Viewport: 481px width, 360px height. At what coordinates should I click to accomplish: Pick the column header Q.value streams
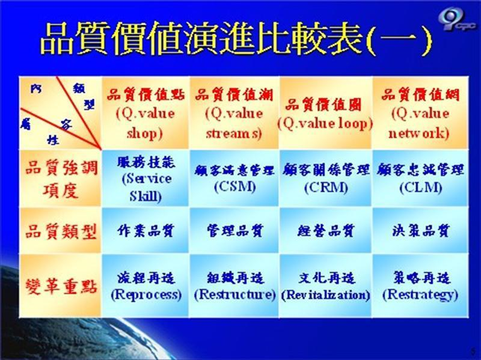tap(233, 113)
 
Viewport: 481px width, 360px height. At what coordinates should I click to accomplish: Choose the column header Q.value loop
tap(325, 114)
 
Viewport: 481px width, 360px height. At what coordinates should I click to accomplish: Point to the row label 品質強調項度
tap(60, 178)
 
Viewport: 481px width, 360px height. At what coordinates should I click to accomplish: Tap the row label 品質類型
tap(60, 231)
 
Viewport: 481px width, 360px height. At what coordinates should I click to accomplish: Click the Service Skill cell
tap(145, 178)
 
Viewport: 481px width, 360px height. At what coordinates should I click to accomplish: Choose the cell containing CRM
tap(325, 178)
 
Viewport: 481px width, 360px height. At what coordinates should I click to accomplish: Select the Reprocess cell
tap(145, 286)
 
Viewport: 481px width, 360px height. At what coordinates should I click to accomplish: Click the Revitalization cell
tap(325, 286)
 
